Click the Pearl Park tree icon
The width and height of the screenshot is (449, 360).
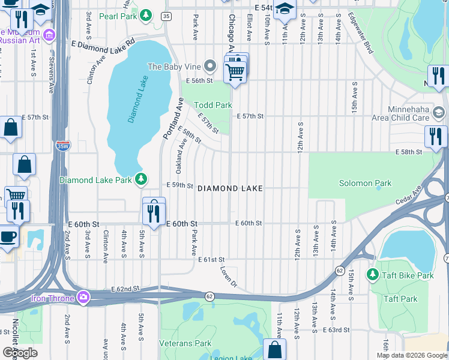[x=145, y=14]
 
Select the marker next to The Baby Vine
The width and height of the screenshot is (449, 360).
[x=209, y=66]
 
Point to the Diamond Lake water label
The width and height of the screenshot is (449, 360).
[x=137, y=99]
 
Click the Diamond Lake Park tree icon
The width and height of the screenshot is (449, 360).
[x=141, y=179]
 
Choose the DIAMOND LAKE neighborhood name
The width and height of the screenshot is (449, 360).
[x=230, y=188]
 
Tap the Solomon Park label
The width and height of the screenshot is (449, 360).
[x=365, y=184]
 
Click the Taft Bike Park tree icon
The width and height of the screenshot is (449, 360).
[x=372, y=275]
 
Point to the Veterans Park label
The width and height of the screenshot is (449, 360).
[x=185, y=344]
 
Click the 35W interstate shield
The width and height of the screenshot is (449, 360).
[x=62, y=145]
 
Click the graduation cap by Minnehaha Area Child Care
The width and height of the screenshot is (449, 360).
[x=438, y=113]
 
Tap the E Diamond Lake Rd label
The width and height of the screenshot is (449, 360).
[x=103, y=44]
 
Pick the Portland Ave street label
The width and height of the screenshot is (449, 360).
[x=172, y=118]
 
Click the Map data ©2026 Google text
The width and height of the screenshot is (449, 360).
[x=411, y=355]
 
